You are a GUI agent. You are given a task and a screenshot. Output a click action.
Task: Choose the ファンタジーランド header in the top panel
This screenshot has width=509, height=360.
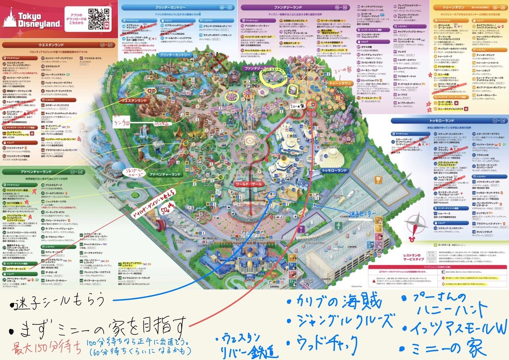click(275, 7)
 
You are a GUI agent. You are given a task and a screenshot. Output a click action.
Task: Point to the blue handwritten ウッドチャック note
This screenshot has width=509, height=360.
click(322, 341)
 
